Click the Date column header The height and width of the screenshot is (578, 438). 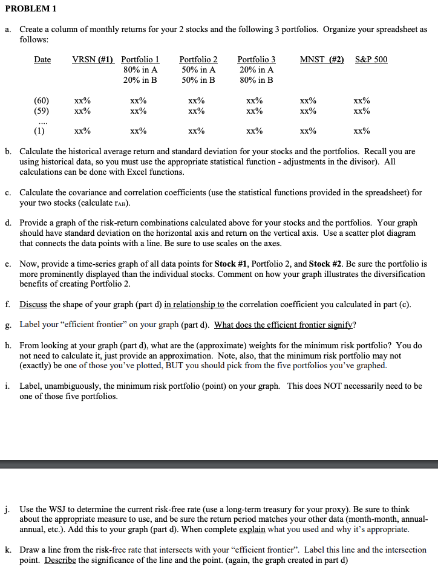click(42, 59)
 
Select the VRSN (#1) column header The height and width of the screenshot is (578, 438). click(93, 59)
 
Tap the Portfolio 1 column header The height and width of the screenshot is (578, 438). click(140, 59)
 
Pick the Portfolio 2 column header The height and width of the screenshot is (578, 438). click(198, 59)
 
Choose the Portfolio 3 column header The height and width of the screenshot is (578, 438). click(256, 59)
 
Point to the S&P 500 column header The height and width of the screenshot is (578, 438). click(371, 59)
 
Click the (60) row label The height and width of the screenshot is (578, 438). click(42, 100)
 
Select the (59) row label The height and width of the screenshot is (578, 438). click(42, 111)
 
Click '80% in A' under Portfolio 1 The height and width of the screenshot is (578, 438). click(140, 70)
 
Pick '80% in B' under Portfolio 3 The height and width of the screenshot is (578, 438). click(257, 80)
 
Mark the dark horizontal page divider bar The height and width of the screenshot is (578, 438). click(219, 464)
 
